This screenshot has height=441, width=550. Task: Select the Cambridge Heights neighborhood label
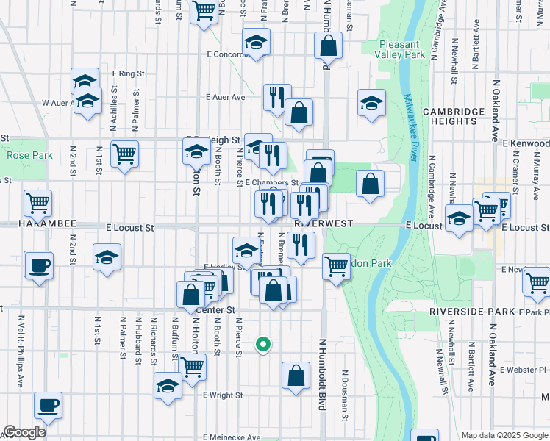click(454, 116)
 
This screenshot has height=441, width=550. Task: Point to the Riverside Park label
click(472, 312)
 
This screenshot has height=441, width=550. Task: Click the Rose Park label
click(29, 155)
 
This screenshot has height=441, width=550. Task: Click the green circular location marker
click(262, 343)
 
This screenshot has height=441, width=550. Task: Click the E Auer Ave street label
click(226, 97)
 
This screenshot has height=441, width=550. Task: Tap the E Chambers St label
click(271, 182)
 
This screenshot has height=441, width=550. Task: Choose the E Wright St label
click(223, 395)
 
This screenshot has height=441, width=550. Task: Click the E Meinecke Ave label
click(232, 437)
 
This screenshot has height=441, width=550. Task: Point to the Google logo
click(24, 432)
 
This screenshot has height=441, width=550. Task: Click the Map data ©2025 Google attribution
click(504, 435)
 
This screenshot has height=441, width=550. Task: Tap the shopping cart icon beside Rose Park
click(125, 154)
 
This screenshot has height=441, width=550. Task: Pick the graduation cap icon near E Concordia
click(256, 42)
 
